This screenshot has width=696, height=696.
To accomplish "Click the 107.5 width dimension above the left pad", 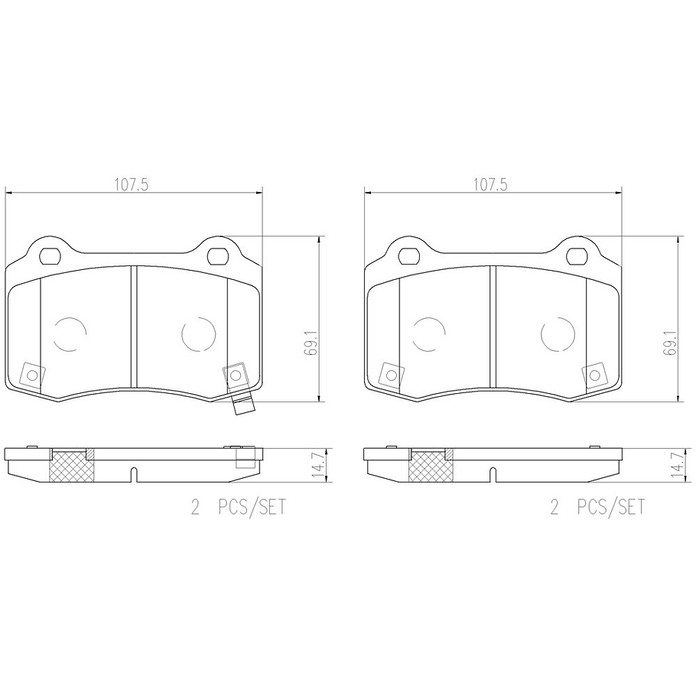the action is (x=132, y=184).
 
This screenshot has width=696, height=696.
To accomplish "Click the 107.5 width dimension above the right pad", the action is (x=490, y=184).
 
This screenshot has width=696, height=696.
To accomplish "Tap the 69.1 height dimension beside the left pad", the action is (x=311, y=342).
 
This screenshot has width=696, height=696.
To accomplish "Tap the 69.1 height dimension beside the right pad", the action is (x=669, y=342).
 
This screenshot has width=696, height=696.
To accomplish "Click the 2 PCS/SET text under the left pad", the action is (x=239, y=506).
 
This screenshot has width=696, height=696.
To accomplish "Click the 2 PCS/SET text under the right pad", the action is (x=597, y=506).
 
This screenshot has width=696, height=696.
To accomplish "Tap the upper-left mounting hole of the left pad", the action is (x=49, y=255).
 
